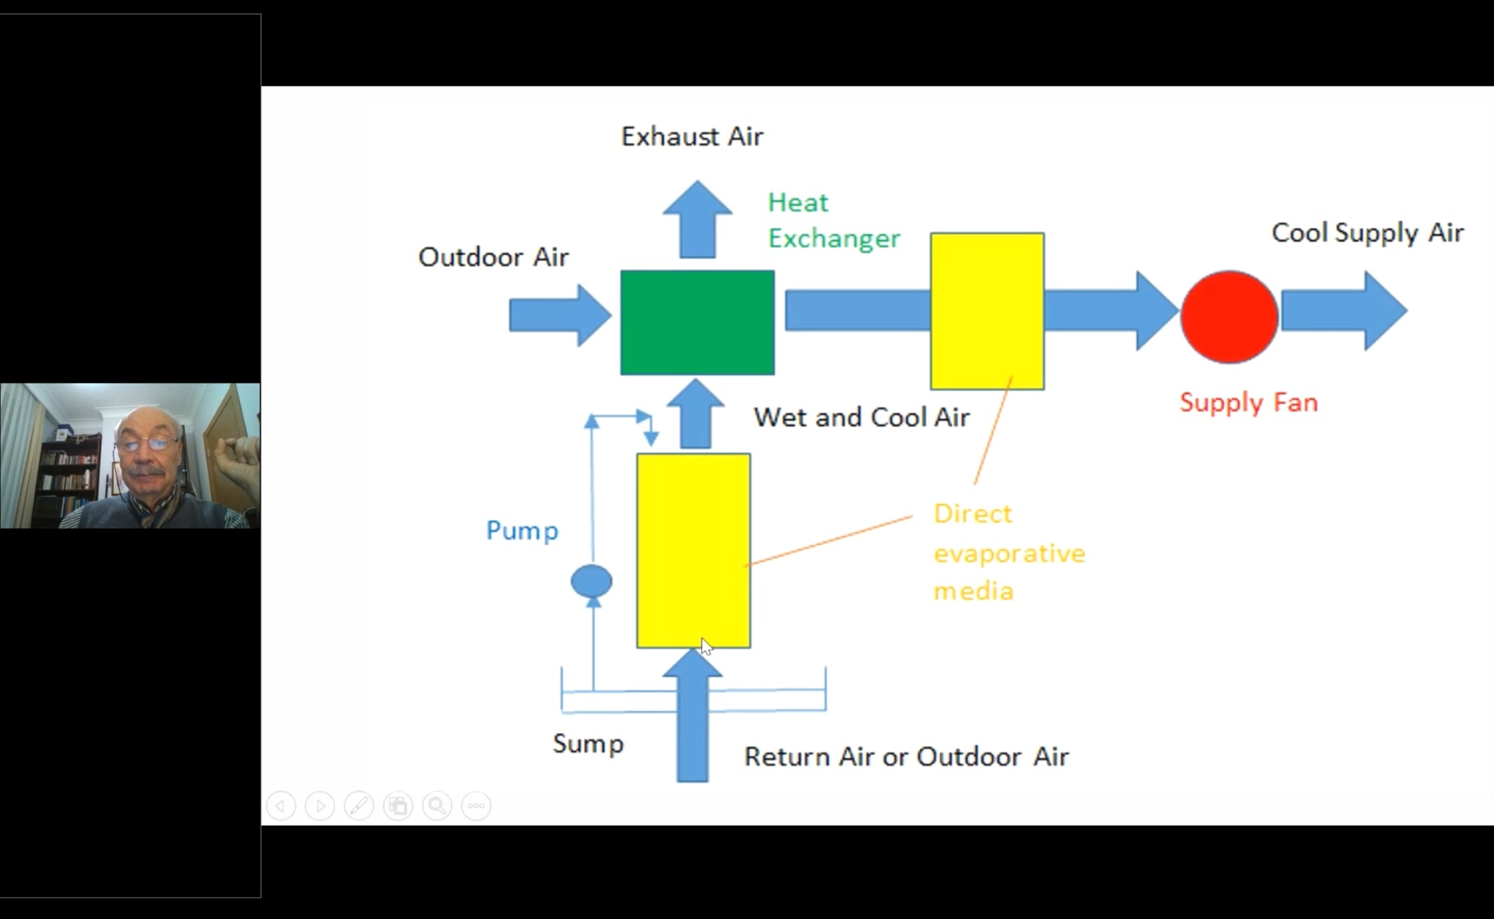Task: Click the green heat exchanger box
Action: tap(697, 323)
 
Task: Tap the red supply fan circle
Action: tap(1229, 317)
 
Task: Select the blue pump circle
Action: tap(591, 581)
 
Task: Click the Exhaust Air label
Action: tap(692, 136)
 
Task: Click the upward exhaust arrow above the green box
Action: tap(697, 220)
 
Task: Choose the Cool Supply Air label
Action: tap(1367, 233)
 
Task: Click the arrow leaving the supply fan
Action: tap(1343, 311)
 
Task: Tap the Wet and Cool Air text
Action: tap(861, 417)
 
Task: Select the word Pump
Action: tap(522, 530)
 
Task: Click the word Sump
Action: tap(588, 744)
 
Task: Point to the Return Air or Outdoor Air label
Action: tap(906, 757)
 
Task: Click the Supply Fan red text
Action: tap(1248, 403)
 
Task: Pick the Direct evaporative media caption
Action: tap(1008, 552)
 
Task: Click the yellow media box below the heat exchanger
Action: tap(693, 550)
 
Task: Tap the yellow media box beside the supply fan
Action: tap(987, 311)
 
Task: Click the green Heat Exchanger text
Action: tap(833, 220)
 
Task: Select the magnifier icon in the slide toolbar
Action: tap(437, 806)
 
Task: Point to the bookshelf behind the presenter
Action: tap(70, 477)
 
